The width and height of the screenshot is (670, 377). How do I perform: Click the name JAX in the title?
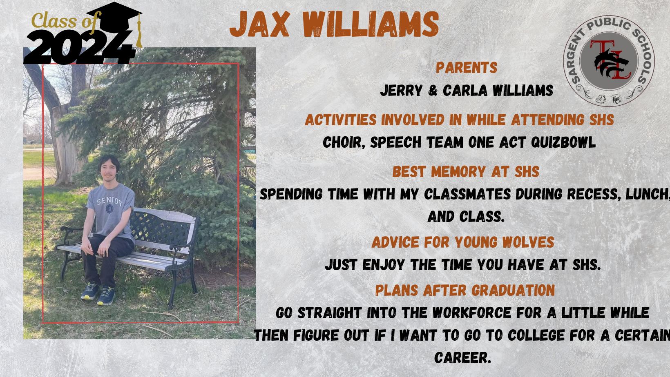coord(259,24)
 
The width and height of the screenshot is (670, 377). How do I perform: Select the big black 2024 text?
coord(80,47)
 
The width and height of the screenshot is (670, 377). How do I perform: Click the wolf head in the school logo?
coord(611,63)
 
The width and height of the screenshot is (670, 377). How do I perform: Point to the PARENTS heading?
coord(467,67)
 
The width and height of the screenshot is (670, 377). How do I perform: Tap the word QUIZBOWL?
coord(563,142)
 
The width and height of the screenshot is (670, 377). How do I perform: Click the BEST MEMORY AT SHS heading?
coord(466,172)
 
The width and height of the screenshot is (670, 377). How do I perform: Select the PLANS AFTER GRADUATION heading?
coord(465,291)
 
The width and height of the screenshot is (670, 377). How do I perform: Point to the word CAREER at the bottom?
coord(463,357)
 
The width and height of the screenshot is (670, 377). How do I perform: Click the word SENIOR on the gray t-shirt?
coord(109,202)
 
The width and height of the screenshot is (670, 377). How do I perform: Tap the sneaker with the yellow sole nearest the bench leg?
coord(106,296)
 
